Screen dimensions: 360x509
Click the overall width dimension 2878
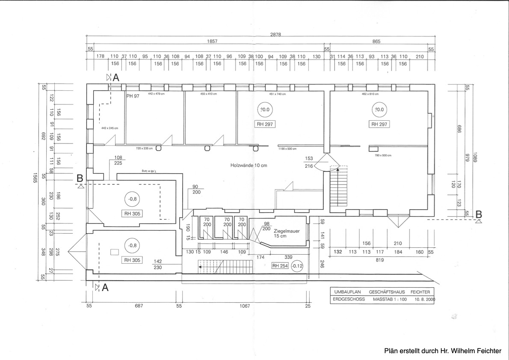click(275, 34)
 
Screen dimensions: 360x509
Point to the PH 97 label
click(133, 96)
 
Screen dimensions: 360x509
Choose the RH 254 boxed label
click(280, 266)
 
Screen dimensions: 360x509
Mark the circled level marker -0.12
click(297, 266)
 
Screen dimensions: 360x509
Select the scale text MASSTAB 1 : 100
click(390, 300)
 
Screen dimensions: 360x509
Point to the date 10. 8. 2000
click(424, 300)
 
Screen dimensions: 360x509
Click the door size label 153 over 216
click(309, 162)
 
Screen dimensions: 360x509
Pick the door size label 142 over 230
click(158, 264)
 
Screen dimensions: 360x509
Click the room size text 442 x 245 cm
click(109, 128)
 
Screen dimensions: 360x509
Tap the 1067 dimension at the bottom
click(245, 306)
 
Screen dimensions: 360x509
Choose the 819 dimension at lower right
click(379, 260)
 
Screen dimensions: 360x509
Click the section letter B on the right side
click(479, 214)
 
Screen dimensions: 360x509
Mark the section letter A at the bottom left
click(105, 288)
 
